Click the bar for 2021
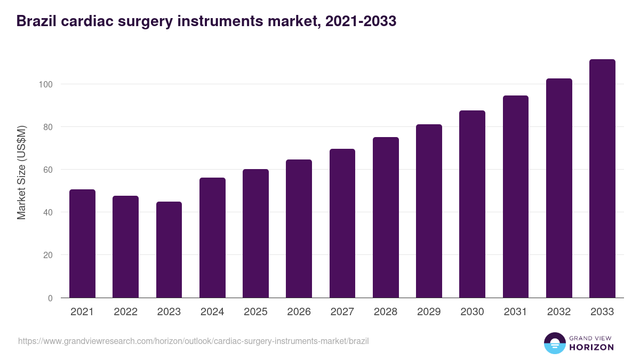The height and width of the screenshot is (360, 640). [82, 244]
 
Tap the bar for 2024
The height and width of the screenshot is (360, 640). [212, 238]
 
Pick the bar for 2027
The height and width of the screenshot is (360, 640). [342, 223]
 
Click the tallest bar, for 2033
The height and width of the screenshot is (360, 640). [602, 179]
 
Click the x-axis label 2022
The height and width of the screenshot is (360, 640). [125, 312]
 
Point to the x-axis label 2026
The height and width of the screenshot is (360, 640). [299, 312]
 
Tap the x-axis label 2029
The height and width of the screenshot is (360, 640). [429, 312]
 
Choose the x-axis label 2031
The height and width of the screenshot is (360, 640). [516, 312]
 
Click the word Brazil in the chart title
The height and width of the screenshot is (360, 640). [35, 21]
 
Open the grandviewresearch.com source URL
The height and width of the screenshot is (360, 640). [193, 341]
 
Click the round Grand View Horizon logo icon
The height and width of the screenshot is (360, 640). [554, 343]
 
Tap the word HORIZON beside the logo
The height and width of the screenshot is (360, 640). [591, 347]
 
